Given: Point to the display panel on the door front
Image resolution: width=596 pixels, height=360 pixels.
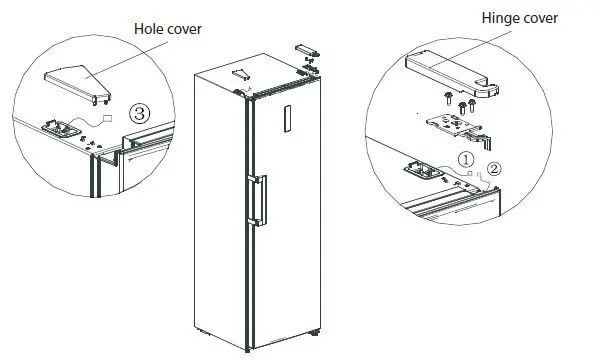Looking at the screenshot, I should click(288, 117).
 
